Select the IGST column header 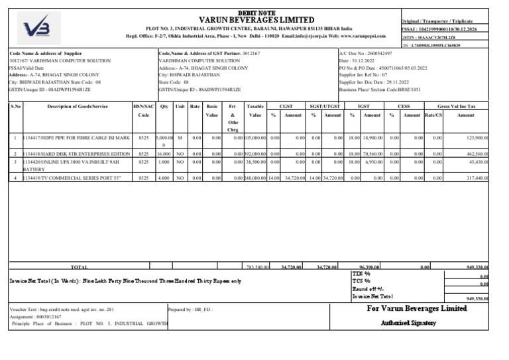[364, 106]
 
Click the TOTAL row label [80, 267]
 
